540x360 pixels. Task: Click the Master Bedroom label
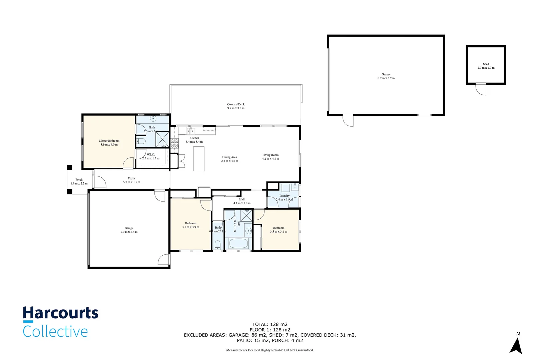click(109, 141)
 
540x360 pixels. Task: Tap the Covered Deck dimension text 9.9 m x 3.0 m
click(236, 108)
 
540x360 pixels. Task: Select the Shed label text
click(486, 64)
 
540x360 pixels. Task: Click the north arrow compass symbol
click(516, 346)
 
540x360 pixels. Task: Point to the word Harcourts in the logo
click(61, 313)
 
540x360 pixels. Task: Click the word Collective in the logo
click(55, 332)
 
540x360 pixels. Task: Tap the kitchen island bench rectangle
click(198, 159)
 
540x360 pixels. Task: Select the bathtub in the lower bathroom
click(238, 243)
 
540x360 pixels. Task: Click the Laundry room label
click(284, 196)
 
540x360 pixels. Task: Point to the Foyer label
click(131, 178)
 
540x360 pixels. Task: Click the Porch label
click(79, 180)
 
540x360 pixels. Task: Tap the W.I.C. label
click(151, 154)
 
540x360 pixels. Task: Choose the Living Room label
click(270, 155)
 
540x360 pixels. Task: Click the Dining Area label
click(229, 157)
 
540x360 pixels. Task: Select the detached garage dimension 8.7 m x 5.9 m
click(386, 78)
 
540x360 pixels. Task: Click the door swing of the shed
click(481, 89)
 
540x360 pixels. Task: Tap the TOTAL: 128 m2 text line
click(269, 324)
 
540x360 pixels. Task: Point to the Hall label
click(242, 199)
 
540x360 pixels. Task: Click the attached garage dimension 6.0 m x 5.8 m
click(129, 232)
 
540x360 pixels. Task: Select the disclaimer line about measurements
click(269, 350)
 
